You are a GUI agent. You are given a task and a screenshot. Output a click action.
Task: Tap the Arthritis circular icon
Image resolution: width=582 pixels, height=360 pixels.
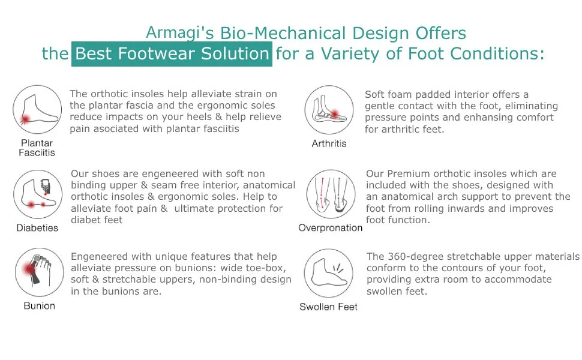[329, 110]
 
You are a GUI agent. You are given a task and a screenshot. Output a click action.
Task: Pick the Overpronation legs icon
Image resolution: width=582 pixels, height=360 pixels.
[330, 194]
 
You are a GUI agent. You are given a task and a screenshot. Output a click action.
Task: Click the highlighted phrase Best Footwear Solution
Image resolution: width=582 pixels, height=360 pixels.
[173, 54]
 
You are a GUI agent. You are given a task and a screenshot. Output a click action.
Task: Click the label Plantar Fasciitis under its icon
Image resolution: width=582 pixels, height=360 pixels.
[37, 148]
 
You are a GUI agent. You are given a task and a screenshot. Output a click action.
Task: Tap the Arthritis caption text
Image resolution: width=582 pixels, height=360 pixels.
[329, 143]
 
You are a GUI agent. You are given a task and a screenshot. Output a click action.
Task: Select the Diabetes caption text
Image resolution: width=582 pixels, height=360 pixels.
[37, 228]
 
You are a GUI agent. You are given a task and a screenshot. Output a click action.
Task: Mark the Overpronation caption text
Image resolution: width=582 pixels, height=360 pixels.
[330, 228]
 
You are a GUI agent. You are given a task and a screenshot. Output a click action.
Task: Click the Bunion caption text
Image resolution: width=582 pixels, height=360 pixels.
[39, 306]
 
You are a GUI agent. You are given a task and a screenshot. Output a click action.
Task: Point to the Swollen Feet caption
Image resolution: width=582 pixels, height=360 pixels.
[328, 307]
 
